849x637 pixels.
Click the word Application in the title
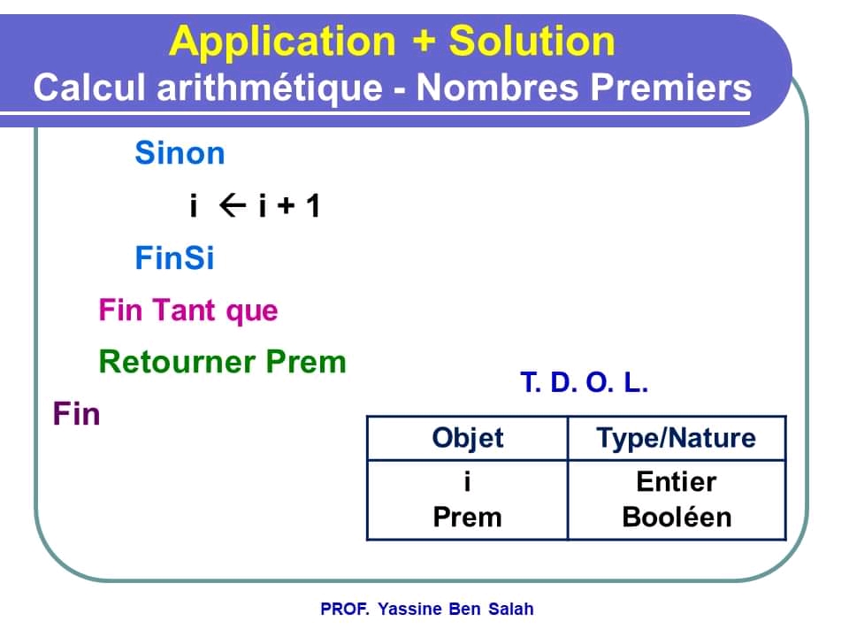point(283,42)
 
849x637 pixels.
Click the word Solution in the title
point(532,42)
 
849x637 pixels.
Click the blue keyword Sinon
point(180,154)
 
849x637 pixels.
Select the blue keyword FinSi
point(174,258)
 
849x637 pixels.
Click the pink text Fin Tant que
point(188,311)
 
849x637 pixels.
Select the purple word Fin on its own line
point(77,414)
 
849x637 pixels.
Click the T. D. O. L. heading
point(585,384)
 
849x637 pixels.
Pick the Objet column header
point(467,438)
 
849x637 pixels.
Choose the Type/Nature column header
point(677,438)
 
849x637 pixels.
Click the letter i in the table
point(467,481)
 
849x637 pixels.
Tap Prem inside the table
point(467,517)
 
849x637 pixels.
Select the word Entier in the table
point(677,481)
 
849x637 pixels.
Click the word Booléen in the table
point(677,517)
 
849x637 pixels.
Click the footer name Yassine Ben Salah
point(455,609)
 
